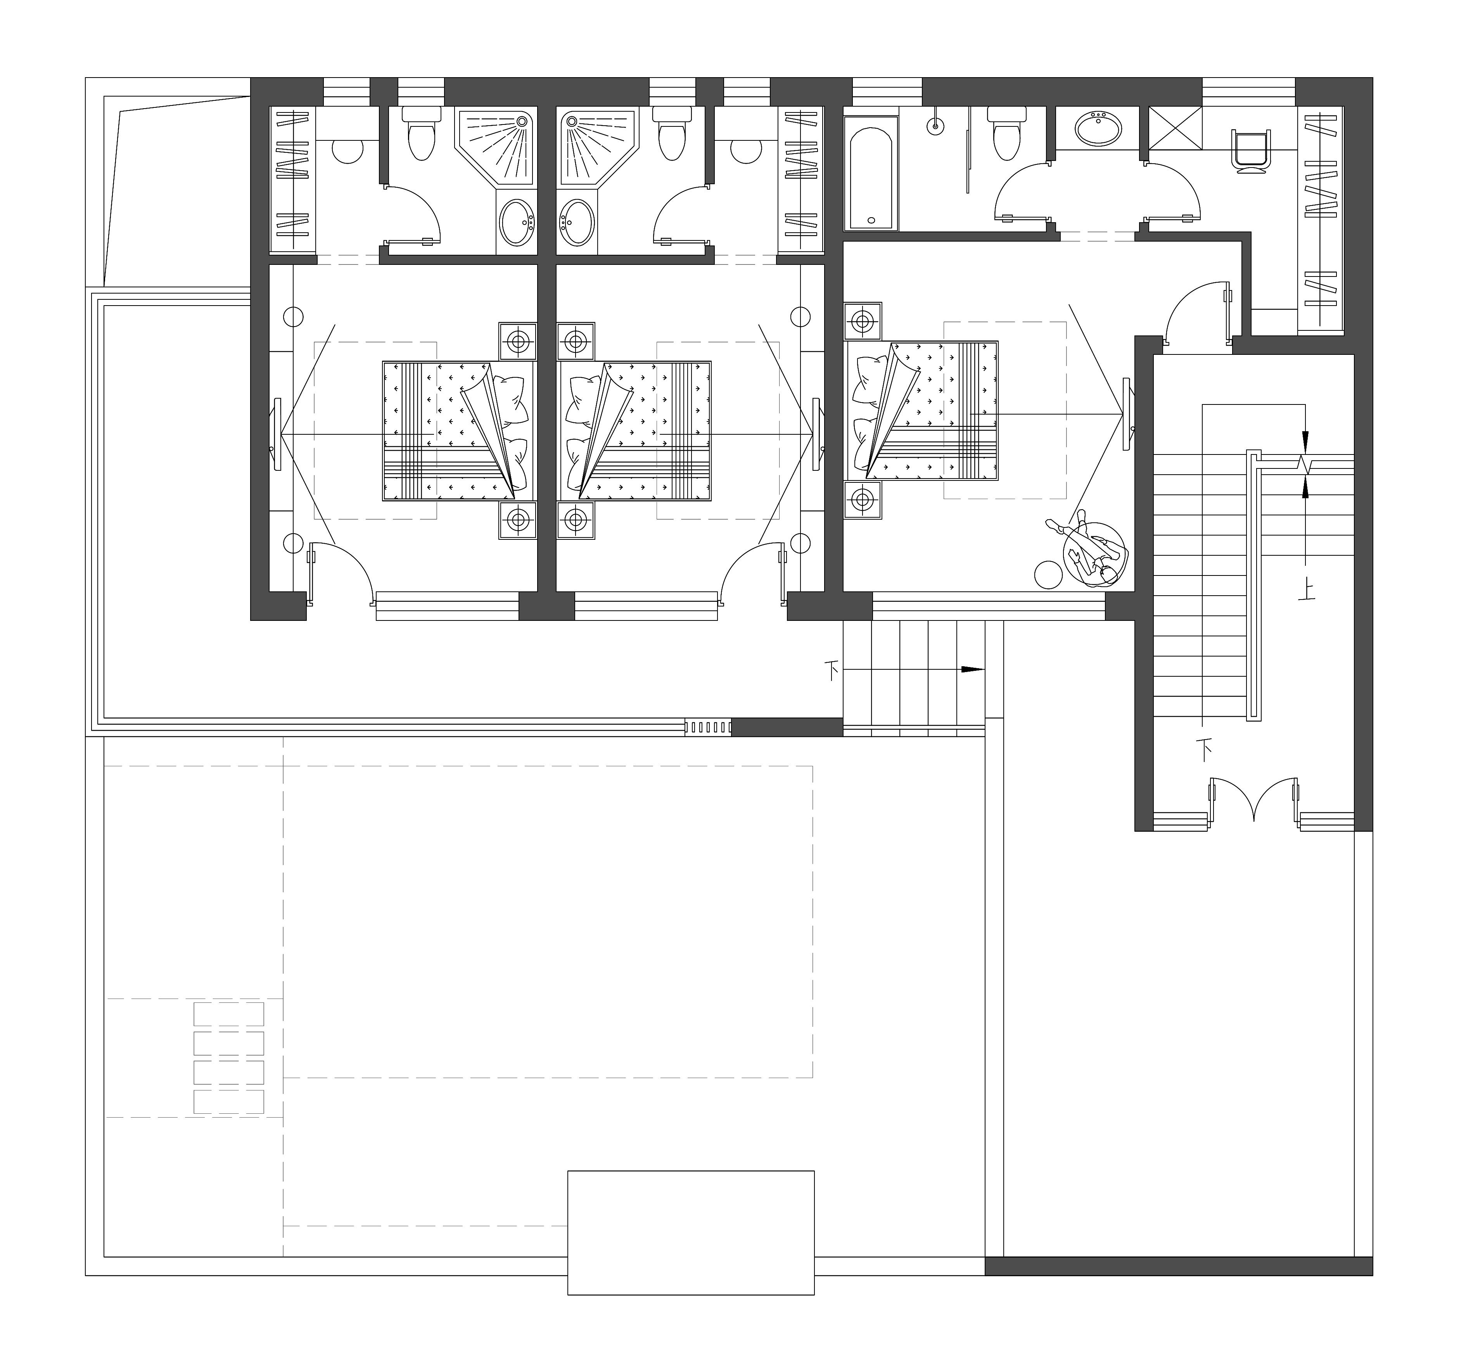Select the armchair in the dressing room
tap(1251, 152)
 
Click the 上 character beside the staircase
tap(1306, 589)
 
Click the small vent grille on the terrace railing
tap(708, 727)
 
